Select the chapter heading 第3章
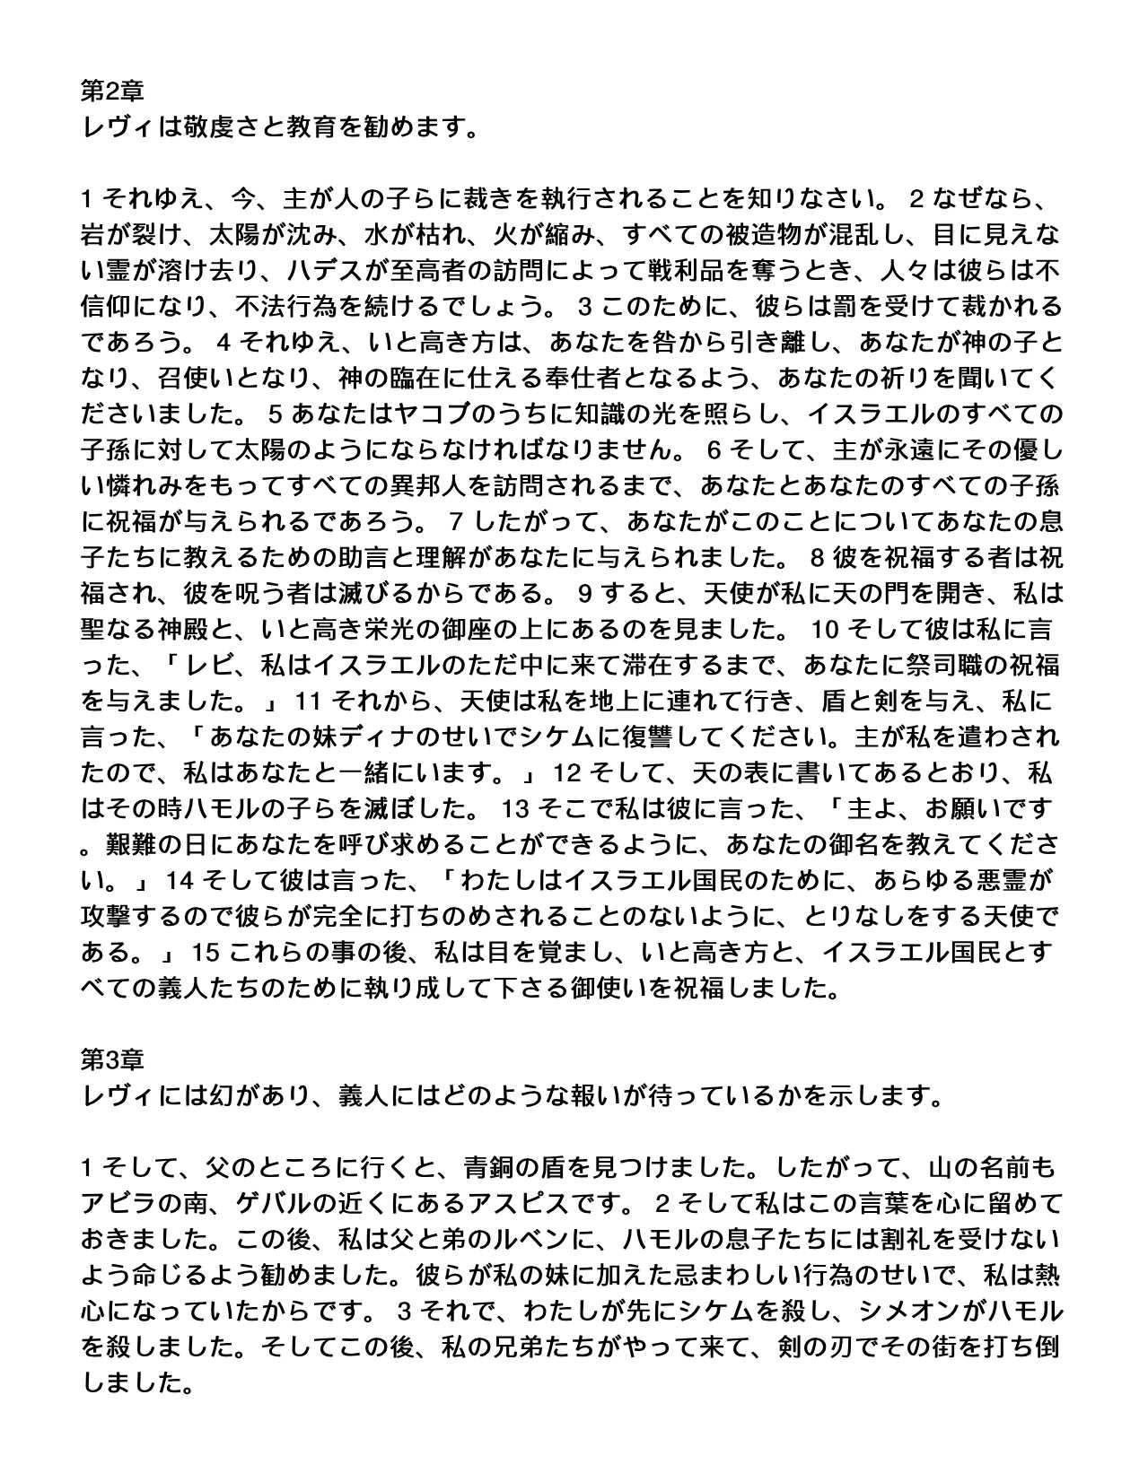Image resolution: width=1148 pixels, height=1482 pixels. pos(112,1059)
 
